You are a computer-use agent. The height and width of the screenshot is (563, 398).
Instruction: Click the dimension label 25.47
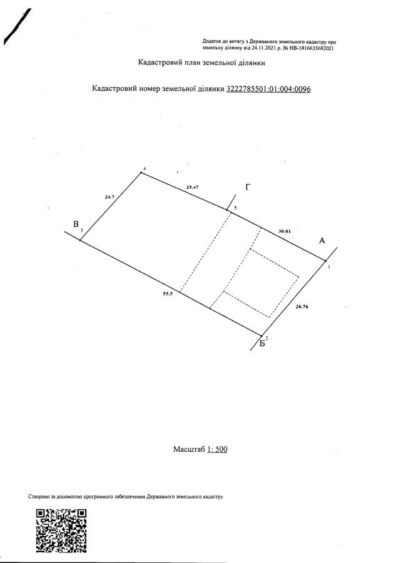[x=193, y=187]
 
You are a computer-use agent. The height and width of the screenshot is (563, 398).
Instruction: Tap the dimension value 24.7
[x=110, y=197]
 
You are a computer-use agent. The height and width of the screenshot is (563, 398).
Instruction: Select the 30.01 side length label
[x=285, y=231]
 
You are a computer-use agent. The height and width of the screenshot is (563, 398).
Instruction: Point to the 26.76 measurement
[x=302, y=307]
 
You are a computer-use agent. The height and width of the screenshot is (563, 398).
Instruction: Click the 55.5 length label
[x=168, y=293]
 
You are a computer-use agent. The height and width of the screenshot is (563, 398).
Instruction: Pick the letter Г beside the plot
[x=248, y=187]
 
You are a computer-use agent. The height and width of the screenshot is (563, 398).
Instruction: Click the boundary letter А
[x=322, y=241]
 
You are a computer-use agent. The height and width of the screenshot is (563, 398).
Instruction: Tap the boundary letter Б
[x=263, y=343]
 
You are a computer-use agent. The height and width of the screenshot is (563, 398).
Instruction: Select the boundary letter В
[x=76, y=225]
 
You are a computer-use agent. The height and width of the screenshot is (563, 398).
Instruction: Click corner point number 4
[x=144, y=168]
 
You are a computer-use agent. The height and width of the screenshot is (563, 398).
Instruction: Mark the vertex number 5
[x=235, y=208]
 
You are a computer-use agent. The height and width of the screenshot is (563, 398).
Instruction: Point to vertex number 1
[x=329, y=266]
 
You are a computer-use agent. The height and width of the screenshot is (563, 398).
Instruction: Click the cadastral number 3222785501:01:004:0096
[x=268, y=89]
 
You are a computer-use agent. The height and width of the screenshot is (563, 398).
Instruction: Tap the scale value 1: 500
[x=217, y=449]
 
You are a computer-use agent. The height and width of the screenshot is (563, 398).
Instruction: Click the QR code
[x=62, y=531]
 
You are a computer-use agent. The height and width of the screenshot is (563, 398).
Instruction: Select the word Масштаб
[x=189, y=449]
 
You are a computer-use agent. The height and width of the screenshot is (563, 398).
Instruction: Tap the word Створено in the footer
[x=38, y=497]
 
